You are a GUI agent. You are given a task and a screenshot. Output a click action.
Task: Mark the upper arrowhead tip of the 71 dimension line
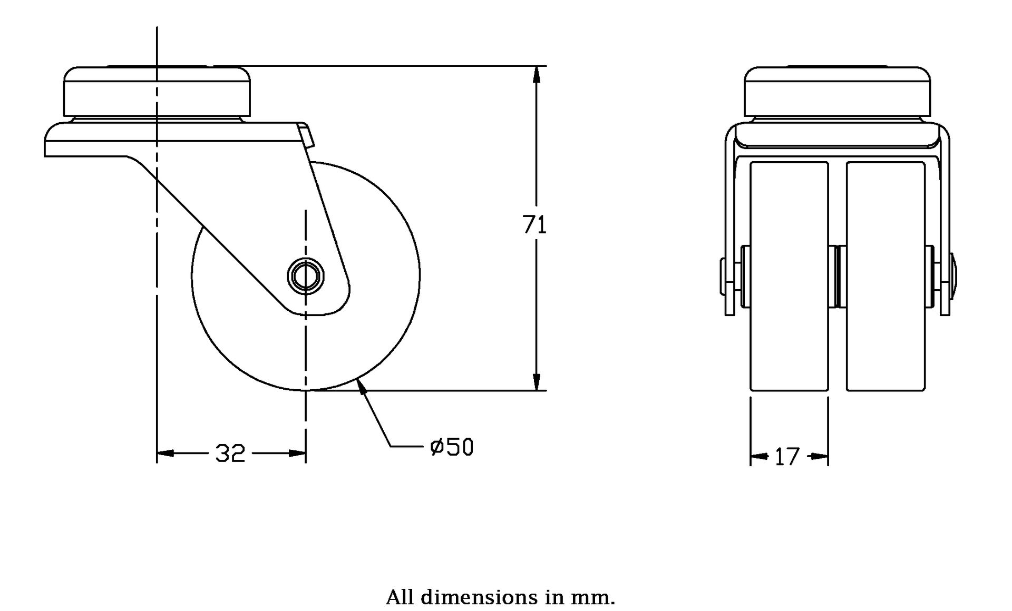click(537, 66)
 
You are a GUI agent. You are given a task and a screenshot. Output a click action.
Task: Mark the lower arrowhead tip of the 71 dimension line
click(537, 391)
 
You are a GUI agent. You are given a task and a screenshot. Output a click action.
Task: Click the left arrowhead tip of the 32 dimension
click(157, 453)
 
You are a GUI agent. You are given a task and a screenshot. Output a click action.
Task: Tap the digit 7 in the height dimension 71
click(529, 225)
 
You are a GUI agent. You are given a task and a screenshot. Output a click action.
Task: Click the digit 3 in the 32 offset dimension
click(222, 453)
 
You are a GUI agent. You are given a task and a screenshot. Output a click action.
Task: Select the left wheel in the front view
click(789, 277)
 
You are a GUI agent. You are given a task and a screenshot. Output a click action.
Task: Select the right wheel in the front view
click(885, 277)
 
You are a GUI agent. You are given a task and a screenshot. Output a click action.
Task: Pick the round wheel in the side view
click(306, 276)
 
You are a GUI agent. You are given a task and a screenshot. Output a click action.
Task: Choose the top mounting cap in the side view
click(157, 92)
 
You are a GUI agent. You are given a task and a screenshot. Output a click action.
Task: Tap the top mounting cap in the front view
click(838, 92)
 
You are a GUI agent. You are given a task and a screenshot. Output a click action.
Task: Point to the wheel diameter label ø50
click(452, 447)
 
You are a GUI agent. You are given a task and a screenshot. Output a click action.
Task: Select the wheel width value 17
click(787, 457)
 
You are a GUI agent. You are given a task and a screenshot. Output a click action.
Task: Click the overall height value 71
click(534, 225)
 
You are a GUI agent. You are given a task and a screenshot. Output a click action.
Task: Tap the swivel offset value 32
click(230, 453)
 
